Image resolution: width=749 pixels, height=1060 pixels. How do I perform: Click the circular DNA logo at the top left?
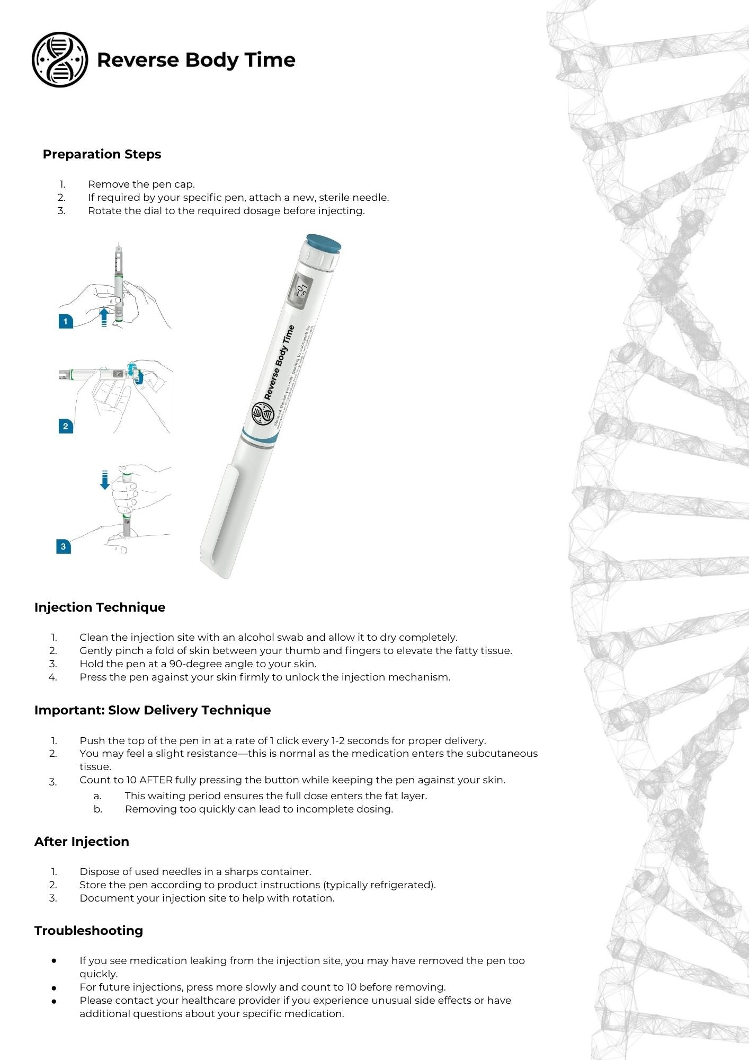pos(60,59)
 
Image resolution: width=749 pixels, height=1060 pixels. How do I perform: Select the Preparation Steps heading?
pos(102,154)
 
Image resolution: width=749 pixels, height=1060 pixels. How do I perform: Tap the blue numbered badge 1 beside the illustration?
pos(66,321)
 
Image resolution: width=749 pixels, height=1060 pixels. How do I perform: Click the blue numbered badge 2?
pos(66,426)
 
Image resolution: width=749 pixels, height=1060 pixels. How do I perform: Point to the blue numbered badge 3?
pos(64,546)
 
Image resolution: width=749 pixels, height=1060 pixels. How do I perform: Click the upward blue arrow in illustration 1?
pos(104,317)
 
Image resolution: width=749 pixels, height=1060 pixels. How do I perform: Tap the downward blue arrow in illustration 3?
pos(105,480)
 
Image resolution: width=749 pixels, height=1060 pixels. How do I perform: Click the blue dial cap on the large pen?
pos(324,243)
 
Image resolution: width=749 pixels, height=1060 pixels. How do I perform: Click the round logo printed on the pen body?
pos(262,414)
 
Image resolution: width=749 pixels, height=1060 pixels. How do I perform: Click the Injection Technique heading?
pos(100,607)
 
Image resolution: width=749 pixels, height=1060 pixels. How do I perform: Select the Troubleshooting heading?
pos(88,931)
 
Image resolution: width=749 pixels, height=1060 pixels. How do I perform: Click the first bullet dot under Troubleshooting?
pos(54,960)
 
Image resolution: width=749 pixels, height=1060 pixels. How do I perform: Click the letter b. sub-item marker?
pos(98,809)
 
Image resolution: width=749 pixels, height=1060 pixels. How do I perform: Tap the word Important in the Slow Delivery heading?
pos(69,710)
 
